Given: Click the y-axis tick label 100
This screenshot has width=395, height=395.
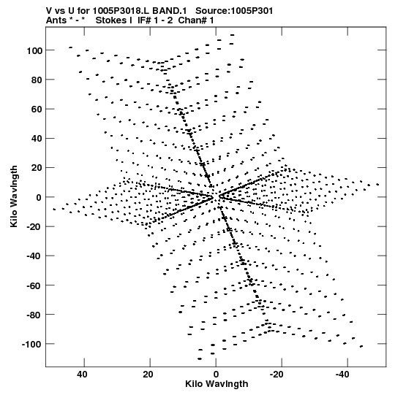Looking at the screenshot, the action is (34, 50).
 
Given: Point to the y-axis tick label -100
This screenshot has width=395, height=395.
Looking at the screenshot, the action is (31, 344).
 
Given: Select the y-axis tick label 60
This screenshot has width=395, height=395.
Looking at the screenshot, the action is (37, 110).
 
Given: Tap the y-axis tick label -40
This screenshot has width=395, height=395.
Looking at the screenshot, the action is (34, 256).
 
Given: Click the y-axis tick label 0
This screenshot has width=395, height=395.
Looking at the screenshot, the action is (39, 197).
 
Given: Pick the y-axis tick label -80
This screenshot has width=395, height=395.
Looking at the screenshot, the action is (34, 315).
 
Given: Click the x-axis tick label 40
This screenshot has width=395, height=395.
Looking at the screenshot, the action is (82, 375).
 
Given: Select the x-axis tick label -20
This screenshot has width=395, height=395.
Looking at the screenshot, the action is (276, 375).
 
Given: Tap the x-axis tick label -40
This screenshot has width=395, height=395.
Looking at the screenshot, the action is (342, 375).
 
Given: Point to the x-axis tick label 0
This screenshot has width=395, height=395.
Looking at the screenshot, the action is (216, 375).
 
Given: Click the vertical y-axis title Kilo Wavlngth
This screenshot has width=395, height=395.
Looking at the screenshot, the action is (14, 196).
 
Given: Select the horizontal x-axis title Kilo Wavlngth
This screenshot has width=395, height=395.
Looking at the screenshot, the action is (217, 384).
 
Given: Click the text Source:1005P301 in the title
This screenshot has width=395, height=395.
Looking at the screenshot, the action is (234, 11).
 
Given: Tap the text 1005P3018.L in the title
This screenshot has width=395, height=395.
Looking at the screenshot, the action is (121, 11).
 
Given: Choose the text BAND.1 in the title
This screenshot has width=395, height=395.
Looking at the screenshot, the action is (170, 11).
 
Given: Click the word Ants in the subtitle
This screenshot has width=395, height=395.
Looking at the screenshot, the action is (56, 20).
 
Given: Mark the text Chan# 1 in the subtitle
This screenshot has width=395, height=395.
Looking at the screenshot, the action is (196, 20).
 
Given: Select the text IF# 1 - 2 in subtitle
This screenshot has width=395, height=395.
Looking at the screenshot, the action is (155, 20).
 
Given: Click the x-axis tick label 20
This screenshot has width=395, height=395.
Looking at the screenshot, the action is (148, 375).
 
